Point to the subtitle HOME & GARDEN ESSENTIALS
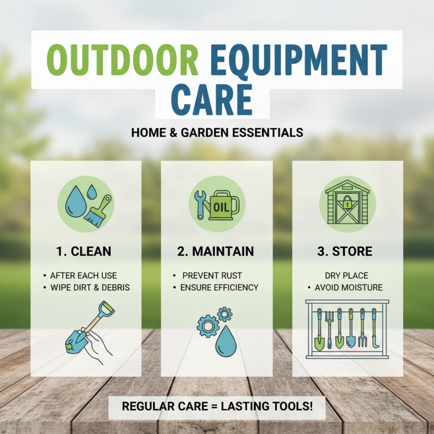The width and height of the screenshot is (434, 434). tap(217, 132)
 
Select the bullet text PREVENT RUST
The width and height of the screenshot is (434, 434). tap(212, 276)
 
